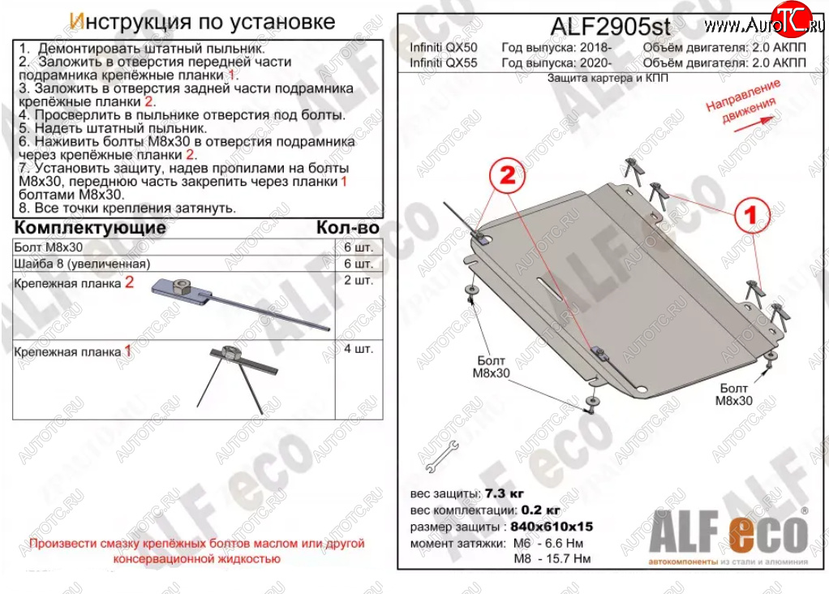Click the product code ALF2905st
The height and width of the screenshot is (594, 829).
pyautogui.click(x=610, y=27)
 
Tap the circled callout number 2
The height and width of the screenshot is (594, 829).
pyautogui.click(x=507, y=175)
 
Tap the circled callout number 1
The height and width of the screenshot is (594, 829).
pyautogui.click(x=751, y=215)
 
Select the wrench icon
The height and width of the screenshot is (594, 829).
pyautogui.click(x=441, y=457)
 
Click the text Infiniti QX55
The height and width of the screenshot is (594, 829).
pyautogui.click(x=443, y=63)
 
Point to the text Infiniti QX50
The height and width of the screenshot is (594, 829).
pyautogui.click(x=443, y=48)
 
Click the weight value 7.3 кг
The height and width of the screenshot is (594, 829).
pyautogui.click(x=504, y=493)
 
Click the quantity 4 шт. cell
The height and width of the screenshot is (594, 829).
pyautogui.click(x=359, y=349)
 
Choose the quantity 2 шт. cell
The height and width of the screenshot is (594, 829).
pyautogui.click(x=359, y=280)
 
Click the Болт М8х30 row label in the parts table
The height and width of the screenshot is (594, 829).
pyautogui.click(x=49, y=247)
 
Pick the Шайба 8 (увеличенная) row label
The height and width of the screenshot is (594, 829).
pyautogui.click(x=83, y=264)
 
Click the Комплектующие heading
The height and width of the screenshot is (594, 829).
pyautogui.click(x=90, y=227)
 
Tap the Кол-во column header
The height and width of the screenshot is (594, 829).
pyautogui.click(x=348, y=227)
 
